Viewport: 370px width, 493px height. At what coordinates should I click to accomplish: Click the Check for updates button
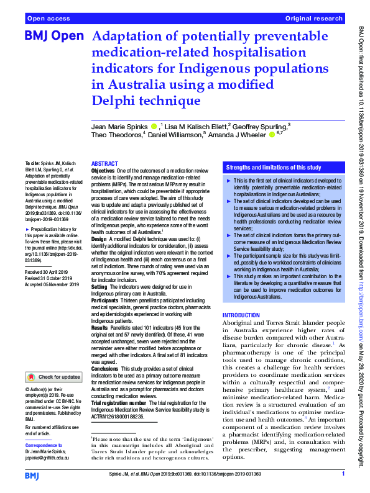point(53,377)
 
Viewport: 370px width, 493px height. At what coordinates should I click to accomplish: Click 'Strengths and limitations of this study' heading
point(274,168)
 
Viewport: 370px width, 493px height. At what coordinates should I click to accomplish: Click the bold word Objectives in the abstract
point(103,170)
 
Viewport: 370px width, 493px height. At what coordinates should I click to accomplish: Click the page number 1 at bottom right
point(343,474)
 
